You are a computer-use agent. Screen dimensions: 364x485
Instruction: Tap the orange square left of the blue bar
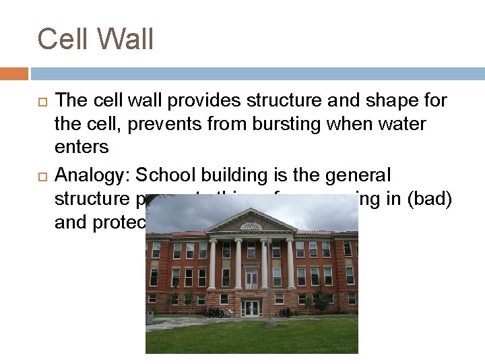coord(14,73)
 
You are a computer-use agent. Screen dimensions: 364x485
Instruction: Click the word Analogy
coord(92,176)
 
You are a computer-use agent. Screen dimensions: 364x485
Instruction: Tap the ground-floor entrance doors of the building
coord(252,308)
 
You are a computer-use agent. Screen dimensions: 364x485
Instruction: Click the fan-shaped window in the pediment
coord(251,226)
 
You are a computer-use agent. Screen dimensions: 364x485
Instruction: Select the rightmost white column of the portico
coord(290,264)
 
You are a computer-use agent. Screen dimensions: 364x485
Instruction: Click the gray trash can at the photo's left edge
coord(150,317)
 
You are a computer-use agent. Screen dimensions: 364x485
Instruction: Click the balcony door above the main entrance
coord(251,277)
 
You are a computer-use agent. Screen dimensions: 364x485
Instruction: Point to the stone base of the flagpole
coord(270,323)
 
